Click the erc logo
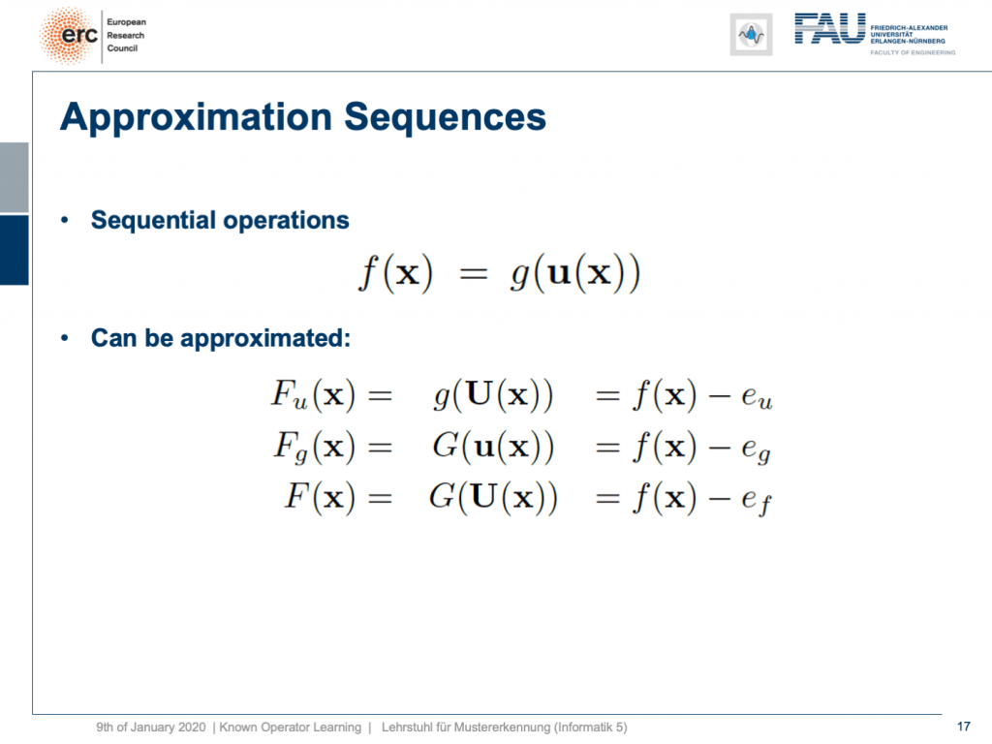[x=70, y=36]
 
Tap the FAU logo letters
[x=829, y=29]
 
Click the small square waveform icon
[x=751, y=34]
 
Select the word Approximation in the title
[x=196, y=118]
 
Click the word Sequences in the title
[x=445, y=117]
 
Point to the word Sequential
[x=154, y=221]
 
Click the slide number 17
[x=963, y=727]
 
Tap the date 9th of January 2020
[x=150, y=728]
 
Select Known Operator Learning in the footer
[x=291, y=728]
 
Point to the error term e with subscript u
[x=757, y=396]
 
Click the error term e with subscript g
[x=756, y=449]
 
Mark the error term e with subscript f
[x=756, y=501]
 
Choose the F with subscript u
[x=289, y=395]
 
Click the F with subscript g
[x=291, y=448]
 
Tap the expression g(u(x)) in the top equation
[x=575, y=273]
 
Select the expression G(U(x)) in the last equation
[x=493, y=498]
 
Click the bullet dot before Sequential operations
[x=65, y=221]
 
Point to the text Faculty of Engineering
[x=913, y=52]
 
